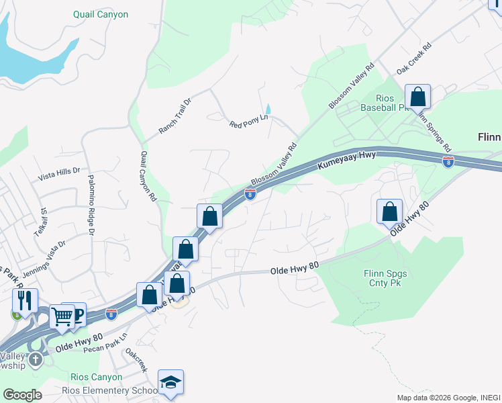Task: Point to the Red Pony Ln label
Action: pos(248,121)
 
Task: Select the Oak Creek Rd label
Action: pos(413,60)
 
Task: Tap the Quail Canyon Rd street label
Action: pos(148,176)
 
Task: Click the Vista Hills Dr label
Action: pos(59,173)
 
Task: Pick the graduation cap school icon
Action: pos(170,382)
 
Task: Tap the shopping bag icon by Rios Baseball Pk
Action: pos(417,97)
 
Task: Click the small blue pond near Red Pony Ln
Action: pos(268,109)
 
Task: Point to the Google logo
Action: pos(22,395)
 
